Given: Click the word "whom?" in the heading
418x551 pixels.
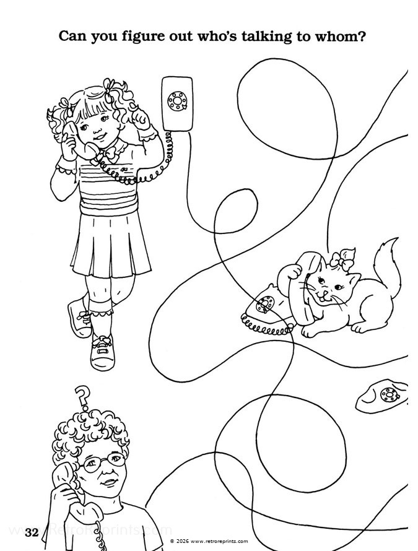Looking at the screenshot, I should [x=337, y=37].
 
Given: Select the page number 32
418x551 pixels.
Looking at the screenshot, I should [x=32, y=532].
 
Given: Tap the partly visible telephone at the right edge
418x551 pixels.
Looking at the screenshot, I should [x=384, y=396].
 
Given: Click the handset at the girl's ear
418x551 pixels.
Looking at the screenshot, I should [x=71, y=137].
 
